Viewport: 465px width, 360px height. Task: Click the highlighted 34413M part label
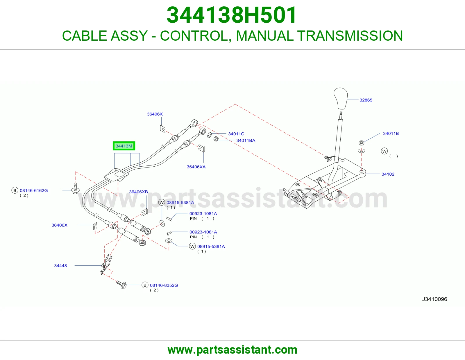pos(124,146)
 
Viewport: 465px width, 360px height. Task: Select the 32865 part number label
pos(366,100)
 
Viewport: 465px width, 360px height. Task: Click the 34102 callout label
pos(388,174)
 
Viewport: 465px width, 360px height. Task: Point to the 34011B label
pos(391,134)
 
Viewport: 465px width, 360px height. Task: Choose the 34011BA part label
pos(246,141)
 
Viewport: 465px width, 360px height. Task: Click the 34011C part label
pos(236,134)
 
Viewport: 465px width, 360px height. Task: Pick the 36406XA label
pos(196,167)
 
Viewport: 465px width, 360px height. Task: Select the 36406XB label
pos(138,192)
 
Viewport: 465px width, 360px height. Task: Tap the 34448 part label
pos(60,266)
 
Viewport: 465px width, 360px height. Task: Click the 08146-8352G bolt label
pos(164,285)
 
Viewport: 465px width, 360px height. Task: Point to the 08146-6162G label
pos(34,190)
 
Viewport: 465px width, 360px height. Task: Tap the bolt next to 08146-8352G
pos(121,284)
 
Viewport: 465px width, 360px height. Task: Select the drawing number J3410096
pos(434,299)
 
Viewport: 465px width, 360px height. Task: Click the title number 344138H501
pos(232,15)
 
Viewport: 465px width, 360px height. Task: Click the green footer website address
pos(233,350)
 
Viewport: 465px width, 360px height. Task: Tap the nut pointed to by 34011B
pos(362,143)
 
